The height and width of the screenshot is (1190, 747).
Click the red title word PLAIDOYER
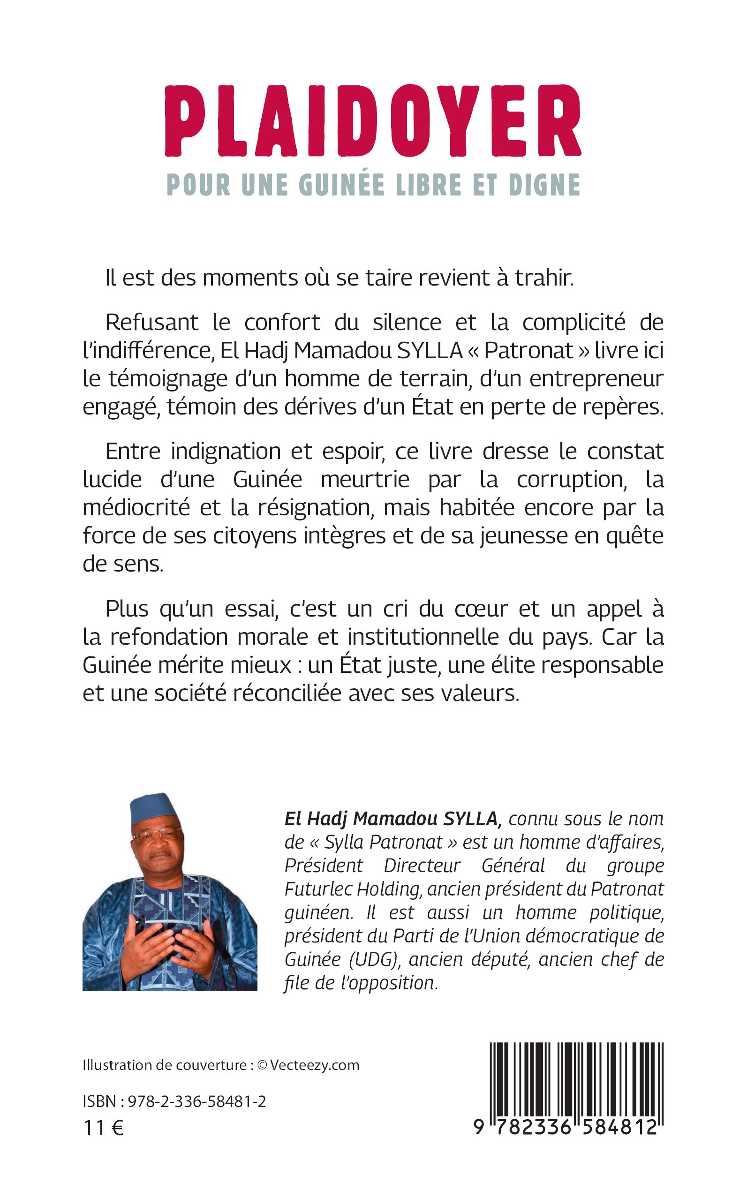(x=373, y=121)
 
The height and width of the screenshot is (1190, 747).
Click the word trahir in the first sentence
(x=544, y=278)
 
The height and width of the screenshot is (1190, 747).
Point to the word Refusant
(x=151, y=323)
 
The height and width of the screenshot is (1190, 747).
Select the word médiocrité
(x=136, y=508)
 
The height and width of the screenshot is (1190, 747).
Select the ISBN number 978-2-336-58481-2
(x=196, y=1101)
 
